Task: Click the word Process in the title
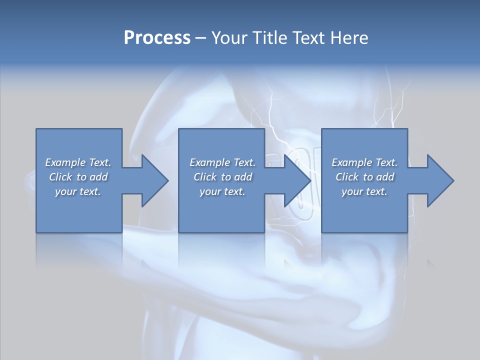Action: [157, 38]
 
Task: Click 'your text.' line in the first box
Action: [78, 191]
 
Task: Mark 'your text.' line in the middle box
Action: [222, 191]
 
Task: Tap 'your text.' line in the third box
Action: [364, 191]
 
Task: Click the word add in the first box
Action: [99, 177]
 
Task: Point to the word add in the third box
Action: [385, 177]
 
